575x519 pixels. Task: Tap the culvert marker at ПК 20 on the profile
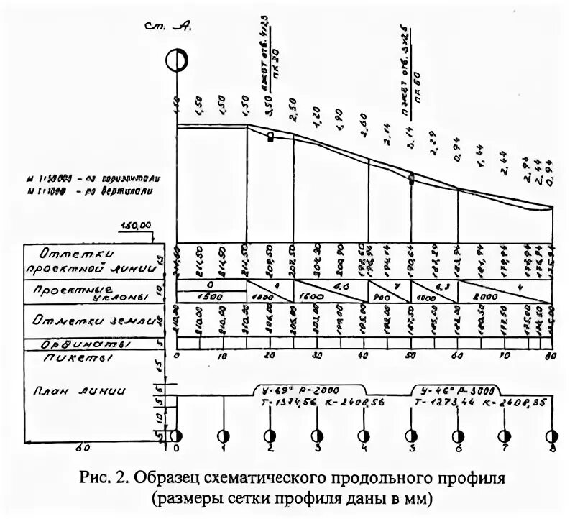pyautogui.click(x=271, y=137)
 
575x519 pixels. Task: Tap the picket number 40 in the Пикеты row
pyautogui.click(x=364, y=356)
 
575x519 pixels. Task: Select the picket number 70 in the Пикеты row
pyautogui.click(x=504, y=356)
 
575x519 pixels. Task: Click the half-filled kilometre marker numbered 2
pyautogui.click(x=271, y=436)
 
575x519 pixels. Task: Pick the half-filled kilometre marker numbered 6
pyautogui.click(x=458, y=436)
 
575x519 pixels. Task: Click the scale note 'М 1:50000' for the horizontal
pyautogui.click(x=101, y=175)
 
